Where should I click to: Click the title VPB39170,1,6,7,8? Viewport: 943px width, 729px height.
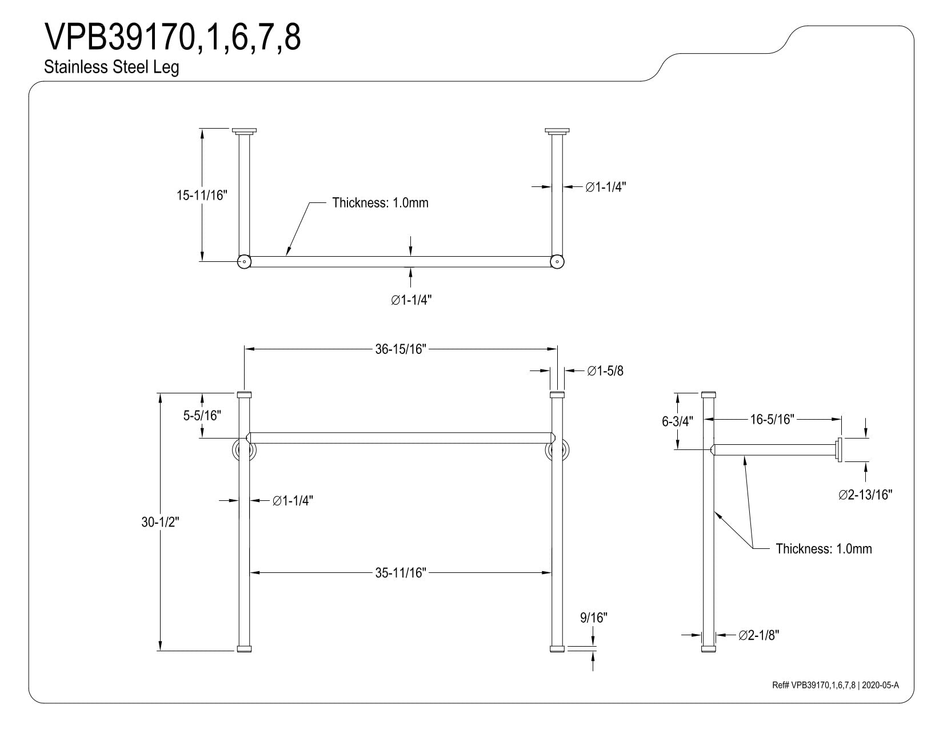(x=172, y=37)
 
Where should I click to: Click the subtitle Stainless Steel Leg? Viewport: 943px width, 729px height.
(x=111, y=67)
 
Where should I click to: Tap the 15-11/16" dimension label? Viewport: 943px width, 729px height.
(x=202, y=196)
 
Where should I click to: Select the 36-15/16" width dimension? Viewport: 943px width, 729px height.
(x=401, y=349)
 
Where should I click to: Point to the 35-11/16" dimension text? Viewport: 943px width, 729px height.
(x=401, y=573)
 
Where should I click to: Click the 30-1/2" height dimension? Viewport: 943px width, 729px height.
(x=160, y=522)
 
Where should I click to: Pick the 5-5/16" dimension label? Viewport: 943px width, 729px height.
(x=202, y=416)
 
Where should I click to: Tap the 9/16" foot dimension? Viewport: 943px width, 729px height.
(x=594, y=618)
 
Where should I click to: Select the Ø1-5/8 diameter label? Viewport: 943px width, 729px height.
(x=605, y=371)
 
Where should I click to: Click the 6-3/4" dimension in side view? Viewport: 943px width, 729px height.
(x=677, y=421)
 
